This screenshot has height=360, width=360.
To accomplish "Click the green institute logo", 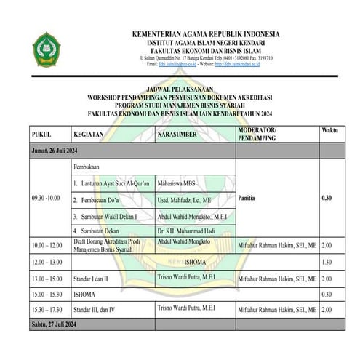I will coord(48,49).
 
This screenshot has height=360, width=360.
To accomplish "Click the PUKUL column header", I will coord(41,135).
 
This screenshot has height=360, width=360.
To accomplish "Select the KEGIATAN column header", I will coord(88,135).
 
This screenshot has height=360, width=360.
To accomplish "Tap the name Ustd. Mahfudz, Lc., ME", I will coord(185,198).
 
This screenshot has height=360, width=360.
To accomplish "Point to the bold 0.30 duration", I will coord(327,197).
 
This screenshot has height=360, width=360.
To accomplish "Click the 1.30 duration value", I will coord(327,262).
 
